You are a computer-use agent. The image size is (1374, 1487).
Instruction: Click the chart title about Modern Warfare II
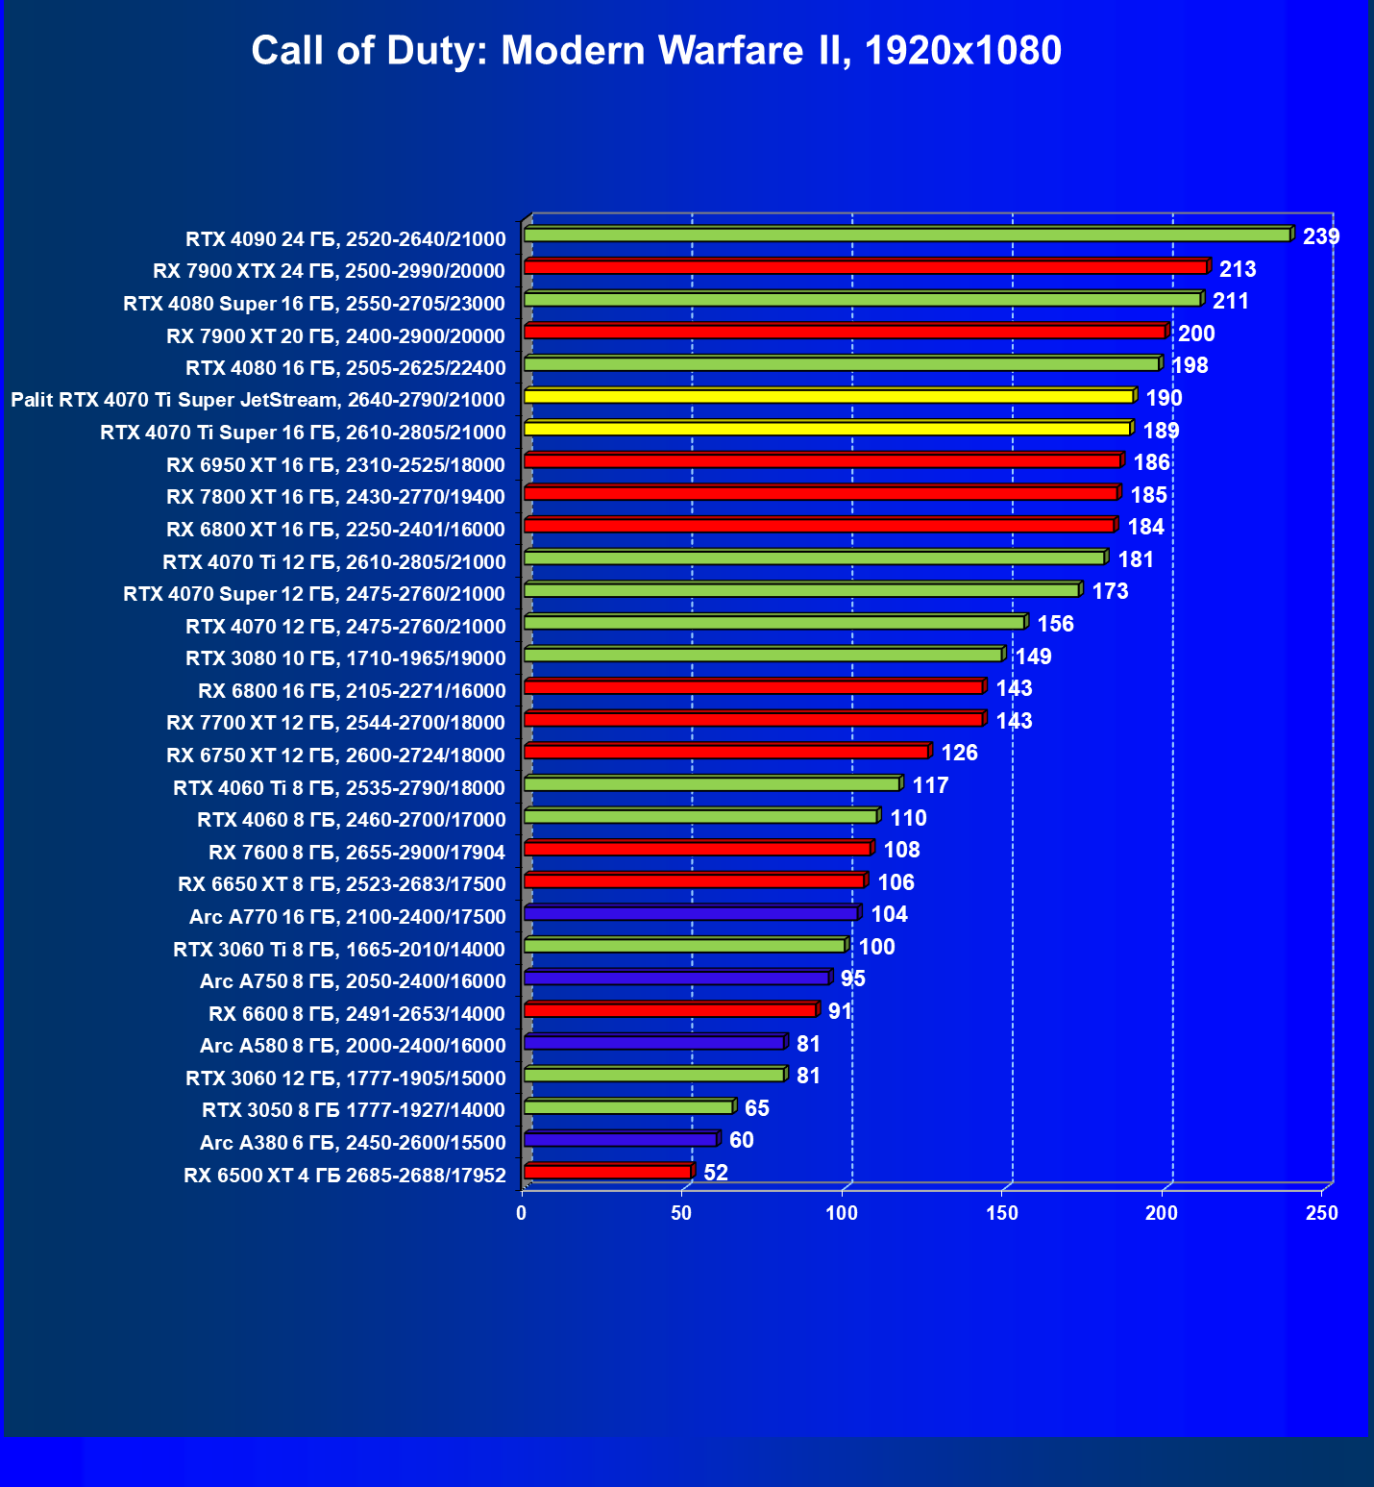(656, 50)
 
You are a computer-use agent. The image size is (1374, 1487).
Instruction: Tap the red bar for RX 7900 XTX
(865, 267)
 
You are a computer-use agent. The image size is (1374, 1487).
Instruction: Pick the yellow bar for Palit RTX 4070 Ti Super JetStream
(828, 396)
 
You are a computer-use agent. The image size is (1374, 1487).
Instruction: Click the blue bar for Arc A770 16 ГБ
(691, 913)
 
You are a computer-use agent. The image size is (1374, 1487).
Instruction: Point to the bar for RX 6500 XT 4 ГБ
(607, 1172)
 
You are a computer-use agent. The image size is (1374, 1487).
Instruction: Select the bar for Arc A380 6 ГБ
(621, 1139)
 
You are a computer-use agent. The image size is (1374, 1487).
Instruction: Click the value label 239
(1320, 236)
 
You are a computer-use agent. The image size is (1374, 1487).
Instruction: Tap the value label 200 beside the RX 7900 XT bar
(1196, 334)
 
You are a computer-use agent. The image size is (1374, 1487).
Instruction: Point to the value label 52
(716, 1173)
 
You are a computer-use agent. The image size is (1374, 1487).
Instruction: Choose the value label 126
(959, 753)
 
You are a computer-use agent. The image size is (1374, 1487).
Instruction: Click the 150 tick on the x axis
(1002, 1214)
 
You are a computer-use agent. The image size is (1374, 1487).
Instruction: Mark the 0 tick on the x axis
(522, 1214)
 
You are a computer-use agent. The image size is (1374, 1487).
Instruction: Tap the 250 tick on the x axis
(1322, 1214)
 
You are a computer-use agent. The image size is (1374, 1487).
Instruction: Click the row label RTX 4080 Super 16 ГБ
(314, 304)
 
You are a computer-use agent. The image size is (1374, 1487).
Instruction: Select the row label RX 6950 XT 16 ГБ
(335, 465)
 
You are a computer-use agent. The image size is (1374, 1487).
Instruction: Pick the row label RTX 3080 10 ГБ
(345, 658)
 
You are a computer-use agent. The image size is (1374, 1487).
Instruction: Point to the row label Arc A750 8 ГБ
(353, 981)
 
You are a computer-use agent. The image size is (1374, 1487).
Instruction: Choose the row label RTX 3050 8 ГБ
(353, 1110)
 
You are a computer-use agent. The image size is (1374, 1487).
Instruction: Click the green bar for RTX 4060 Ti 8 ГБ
(711, 784)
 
